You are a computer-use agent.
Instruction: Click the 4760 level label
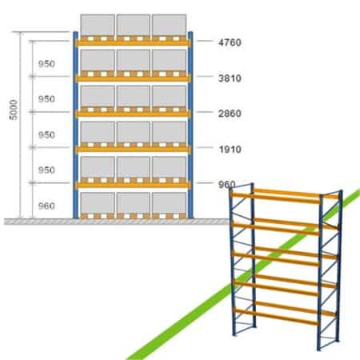[x=230, y=42]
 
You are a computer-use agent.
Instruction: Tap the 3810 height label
[x=230, y=78]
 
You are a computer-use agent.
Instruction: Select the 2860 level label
[x=230, y=114]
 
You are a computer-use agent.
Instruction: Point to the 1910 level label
[x=230, y=150]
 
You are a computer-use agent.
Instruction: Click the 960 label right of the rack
[x=227, y=184]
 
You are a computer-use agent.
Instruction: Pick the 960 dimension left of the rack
[x=46, y=206]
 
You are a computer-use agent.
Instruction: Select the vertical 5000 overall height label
[x=14, y=110]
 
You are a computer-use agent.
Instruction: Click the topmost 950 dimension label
[x=46, y=64]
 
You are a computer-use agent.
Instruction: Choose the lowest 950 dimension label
[x=46, y=170]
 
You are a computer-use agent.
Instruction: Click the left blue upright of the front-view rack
[x=75, y=125]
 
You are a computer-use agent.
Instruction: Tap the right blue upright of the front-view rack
[x=190, y=125]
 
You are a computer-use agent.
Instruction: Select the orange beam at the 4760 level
[x=133, y=43]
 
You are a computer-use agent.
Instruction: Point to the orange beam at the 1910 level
[x=133, y=150]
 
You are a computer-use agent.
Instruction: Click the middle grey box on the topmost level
[x=133, y=25]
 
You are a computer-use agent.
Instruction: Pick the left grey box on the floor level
[x=98, y=202]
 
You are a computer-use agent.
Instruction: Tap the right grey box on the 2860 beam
[x=169, y=96]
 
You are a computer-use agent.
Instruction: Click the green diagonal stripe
[x=242, y=274]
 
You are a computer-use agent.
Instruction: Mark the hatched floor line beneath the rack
[x=117, y=222]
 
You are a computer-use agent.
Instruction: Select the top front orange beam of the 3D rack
[x=276, y=198]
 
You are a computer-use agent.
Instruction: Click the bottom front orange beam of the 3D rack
[x=276, y=316]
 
